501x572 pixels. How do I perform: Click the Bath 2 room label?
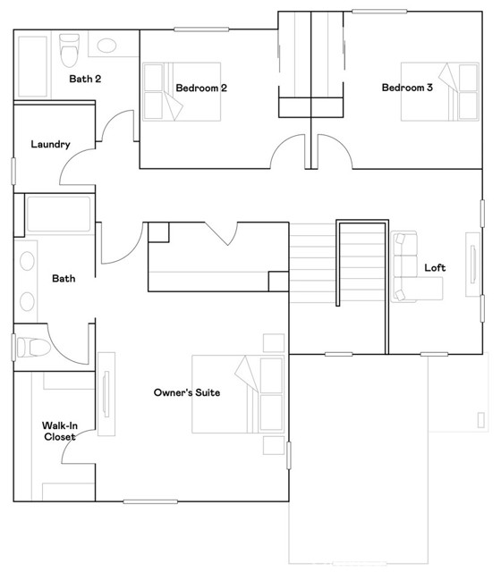point(85,79)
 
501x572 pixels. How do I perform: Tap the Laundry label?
point(50,144)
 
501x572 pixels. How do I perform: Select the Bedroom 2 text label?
point(201,88)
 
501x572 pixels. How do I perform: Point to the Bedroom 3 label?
point(407,88)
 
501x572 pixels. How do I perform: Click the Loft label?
point(435,267)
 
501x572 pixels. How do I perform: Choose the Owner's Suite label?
point(186,392)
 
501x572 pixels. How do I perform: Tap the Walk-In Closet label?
point(58,431)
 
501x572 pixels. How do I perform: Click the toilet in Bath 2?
point(68,51)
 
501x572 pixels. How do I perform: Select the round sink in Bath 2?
point(107,47)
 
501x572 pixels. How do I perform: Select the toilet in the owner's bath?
point(30,346)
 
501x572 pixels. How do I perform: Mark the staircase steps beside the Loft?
point(313,264)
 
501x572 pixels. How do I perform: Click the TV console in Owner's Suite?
point(106,392)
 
